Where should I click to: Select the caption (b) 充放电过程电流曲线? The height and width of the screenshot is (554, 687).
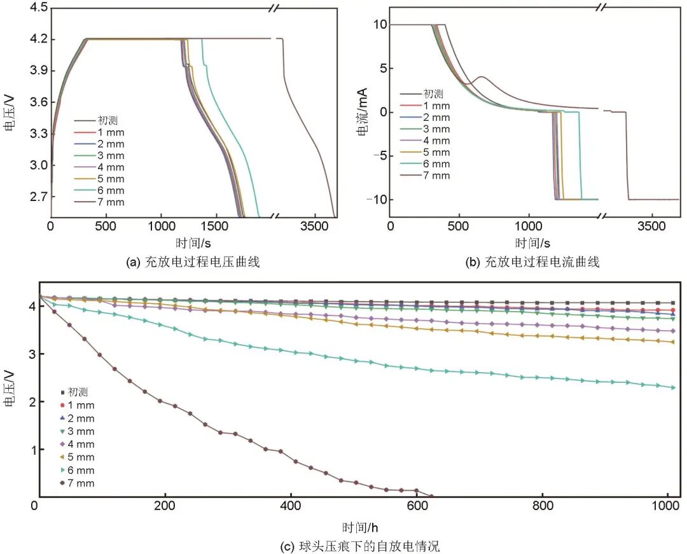click(x=533, y=261)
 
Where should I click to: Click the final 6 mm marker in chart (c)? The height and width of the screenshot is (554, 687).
click(x=673, y=387)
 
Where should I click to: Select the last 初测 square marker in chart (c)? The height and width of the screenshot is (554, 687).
click(x=673, y=303)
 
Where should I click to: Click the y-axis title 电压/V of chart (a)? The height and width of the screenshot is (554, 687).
click(x=10, y=113)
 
